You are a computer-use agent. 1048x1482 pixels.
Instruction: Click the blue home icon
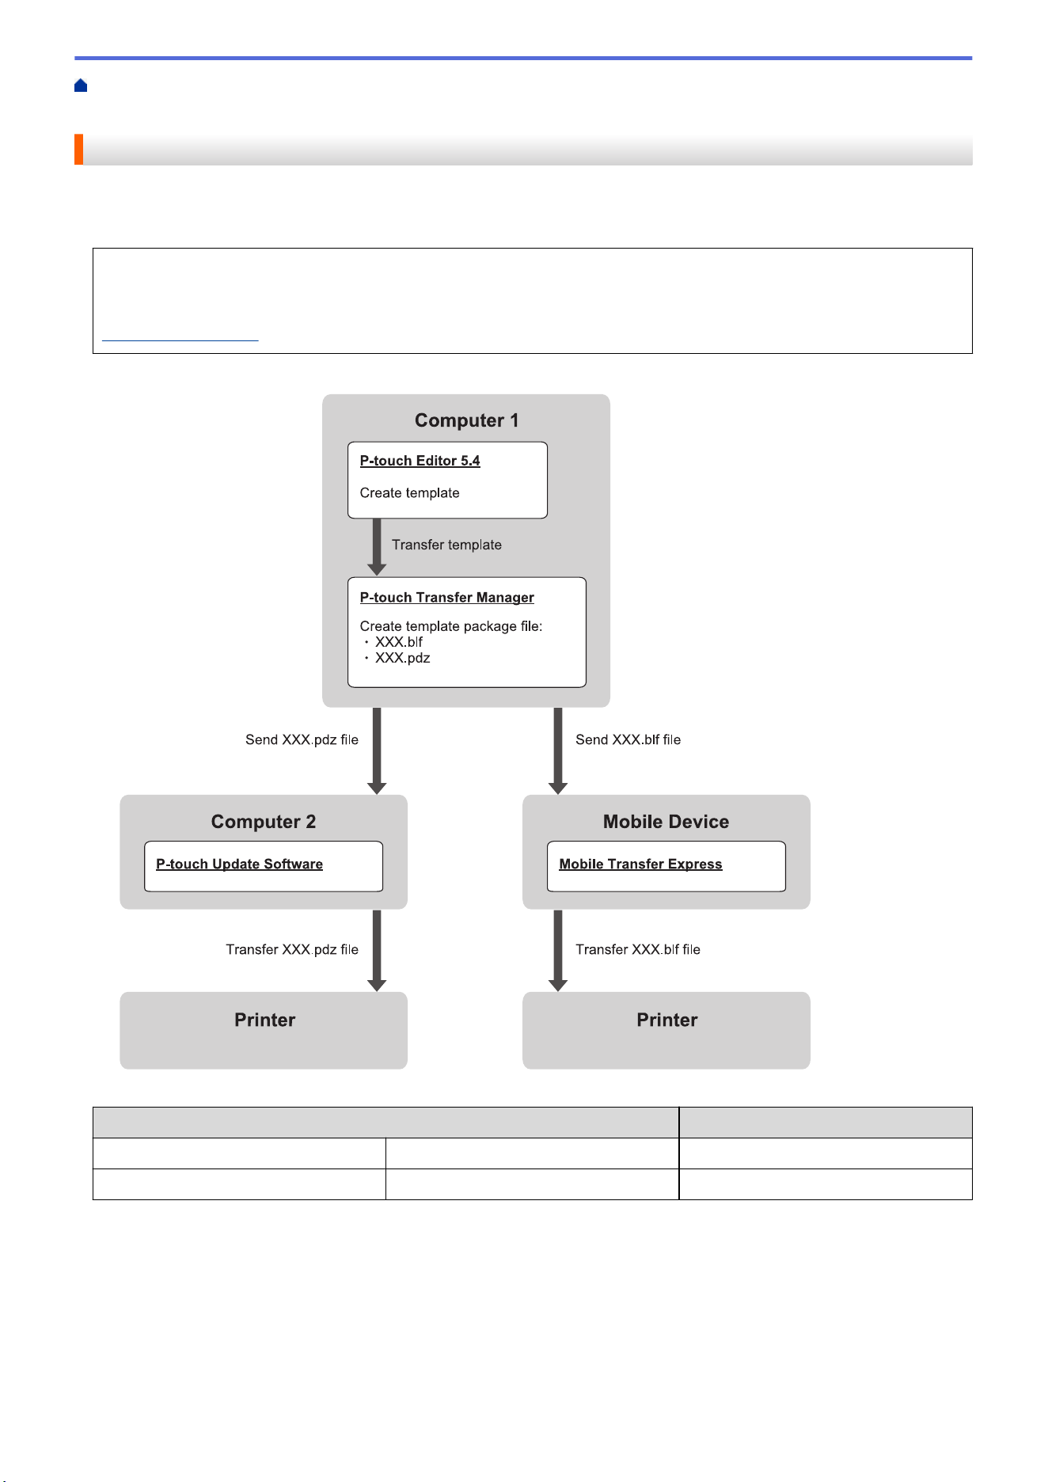[81, 85]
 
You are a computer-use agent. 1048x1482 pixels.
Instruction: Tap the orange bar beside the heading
[78, 150]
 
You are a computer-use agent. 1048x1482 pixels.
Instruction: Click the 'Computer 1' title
[467, 420]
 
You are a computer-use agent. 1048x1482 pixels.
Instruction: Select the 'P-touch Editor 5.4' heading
[420, 461]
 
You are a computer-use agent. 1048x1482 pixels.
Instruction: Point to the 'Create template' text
[409, 492]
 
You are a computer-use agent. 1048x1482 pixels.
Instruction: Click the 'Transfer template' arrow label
[446, 545]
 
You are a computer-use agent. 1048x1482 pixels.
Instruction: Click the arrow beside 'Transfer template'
[377, 547]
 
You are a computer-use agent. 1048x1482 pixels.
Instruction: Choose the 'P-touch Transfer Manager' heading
[446, 598]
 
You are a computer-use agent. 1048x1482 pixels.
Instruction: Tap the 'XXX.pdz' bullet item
[397, 658]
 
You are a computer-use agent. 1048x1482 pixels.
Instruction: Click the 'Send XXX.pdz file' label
[302, 739]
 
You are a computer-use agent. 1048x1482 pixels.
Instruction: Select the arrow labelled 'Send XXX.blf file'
[558, 750]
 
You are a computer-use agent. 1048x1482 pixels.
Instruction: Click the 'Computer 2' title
[264, 822]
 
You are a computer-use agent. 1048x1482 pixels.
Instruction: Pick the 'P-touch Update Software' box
[264, 866]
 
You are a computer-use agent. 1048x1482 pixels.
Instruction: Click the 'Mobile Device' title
[666, 822]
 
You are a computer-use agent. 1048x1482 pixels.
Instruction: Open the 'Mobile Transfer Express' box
[666, 866]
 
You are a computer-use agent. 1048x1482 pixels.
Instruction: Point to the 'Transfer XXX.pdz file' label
[292, 949]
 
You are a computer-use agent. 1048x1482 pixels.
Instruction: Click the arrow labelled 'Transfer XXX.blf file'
[558, 950]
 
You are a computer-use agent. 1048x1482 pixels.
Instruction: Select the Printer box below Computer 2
[264, 1031]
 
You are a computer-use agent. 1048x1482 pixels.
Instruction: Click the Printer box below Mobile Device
[666, 1031]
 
